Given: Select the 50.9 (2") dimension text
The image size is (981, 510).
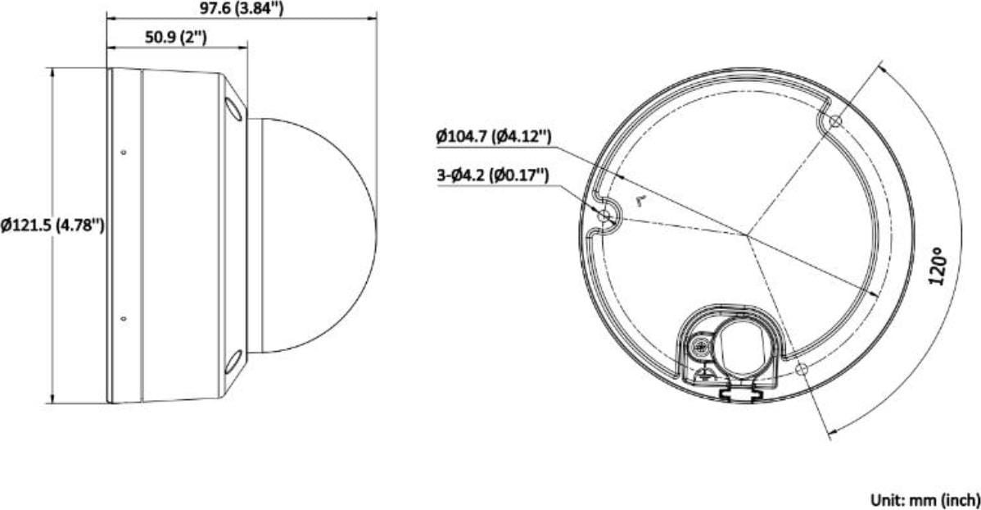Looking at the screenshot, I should click(175, 38).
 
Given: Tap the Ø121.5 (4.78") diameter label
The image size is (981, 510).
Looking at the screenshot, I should click(52, 225).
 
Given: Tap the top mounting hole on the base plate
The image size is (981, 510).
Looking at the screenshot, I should click(834, 121).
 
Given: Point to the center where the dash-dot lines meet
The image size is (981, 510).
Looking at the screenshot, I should click(747, 236).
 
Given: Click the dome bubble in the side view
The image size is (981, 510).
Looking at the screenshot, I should click(315, 235).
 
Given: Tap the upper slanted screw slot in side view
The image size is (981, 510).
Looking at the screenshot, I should click(234, 110).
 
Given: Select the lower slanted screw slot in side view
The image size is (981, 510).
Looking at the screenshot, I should click(234, 361).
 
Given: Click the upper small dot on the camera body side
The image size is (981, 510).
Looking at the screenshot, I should click(123, 152).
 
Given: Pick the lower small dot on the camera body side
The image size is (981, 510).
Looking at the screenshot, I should click(123, 318).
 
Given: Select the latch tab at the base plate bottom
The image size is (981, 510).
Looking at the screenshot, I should click(735, 394).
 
